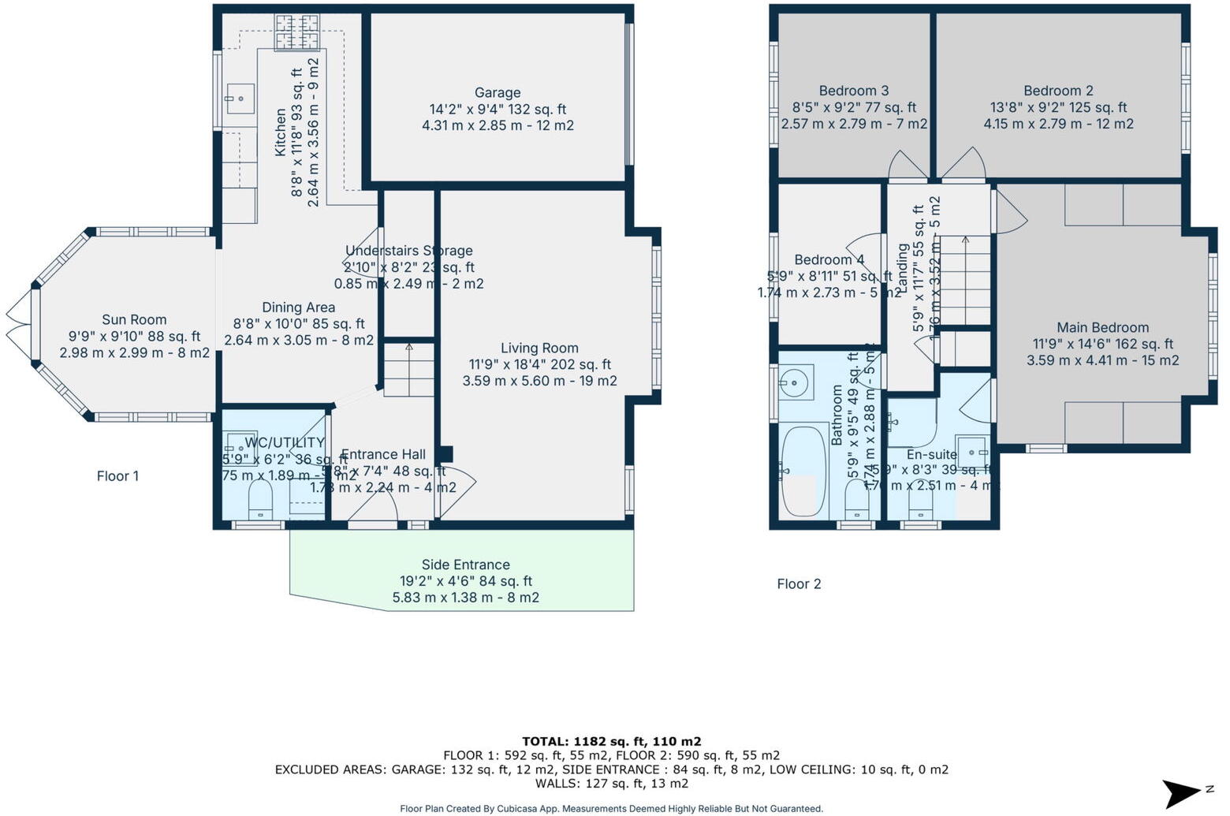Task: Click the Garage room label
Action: pos(498,93)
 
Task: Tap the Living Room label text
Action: pos(539,348)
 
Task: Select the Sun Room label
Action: pos(134,319)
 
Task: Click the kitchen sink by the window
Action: pos(239,99)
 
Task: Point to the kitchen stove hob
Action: pos(296,32)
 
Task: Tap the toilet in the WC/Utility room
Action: pos(260,497)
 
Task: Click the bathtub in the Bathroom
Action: pos(803,471)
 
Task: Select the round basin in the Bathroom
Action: pos(795,384)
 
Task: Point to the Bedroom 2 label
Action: pos(1058,91)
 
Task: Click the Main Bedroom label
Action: pos(1102,327)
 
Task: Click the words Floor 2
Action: pos(799,583)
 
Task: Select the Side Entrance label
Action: pos(465,564)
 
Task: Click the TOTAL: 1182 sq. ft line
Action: pos(612,741)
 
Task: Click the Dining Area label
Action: pos(298,307)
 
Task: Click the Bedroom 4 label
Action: pos(829,259)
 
